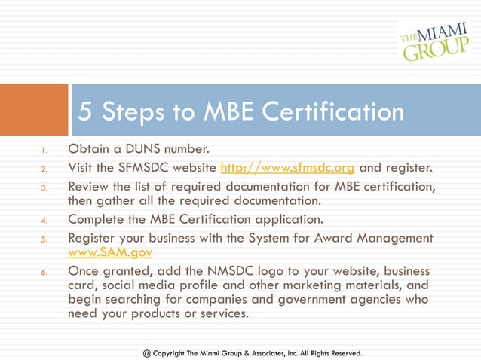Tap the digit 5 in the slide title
point(86,112)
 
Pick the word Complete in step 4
point(97,220)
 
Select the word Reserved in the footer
point(343,352)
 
